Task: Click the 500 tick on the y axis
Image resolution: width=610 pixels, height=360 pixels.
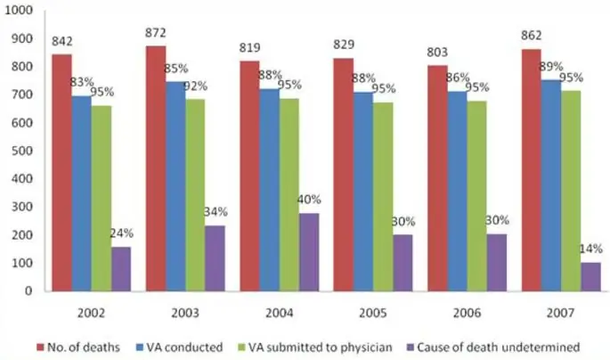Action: [24, 151]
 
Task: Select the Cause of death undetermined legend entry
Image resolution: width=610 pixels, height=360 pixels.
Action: [495, 346]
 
